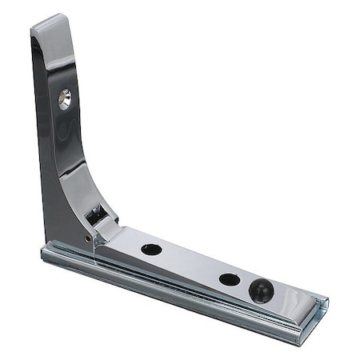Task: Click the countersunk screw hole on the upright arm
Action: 64,98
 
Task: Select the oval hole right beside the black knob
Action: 230,279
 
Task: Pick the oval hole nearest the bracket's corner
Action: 151,249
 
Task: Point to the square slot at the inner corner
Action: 96,214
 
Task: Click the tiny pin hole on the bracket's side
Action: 87,238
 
